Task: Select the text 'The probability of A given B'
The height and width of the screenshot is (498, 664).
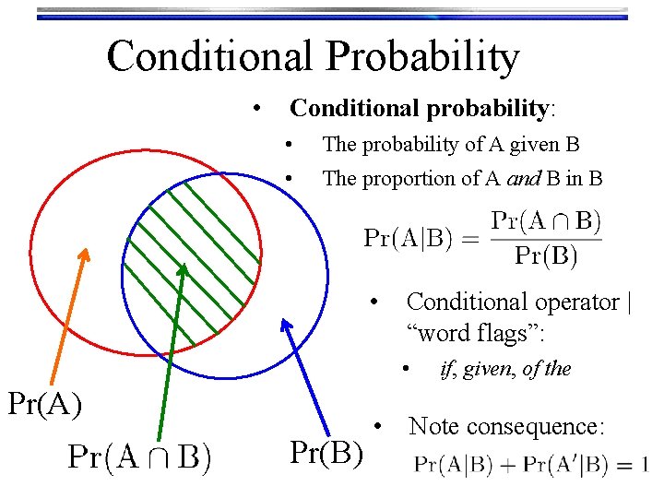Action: (451, 144)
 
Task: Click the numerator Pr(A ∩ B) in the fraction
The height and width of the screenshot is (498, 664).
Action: (546, 221)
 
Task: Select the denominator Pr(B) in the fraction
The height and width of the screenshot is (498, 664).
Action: (546, 255)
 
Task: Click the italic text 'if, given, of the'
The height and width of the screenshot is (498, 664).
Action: (505, 369)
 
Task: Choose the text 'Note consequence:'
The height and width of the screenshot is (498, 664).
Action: (506, 426)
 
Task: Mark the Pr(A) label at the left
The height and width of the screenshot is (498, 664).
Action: (44, 403)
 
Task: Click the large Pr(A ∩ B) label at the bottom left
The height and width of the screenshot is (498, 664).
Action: (139, 457)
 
